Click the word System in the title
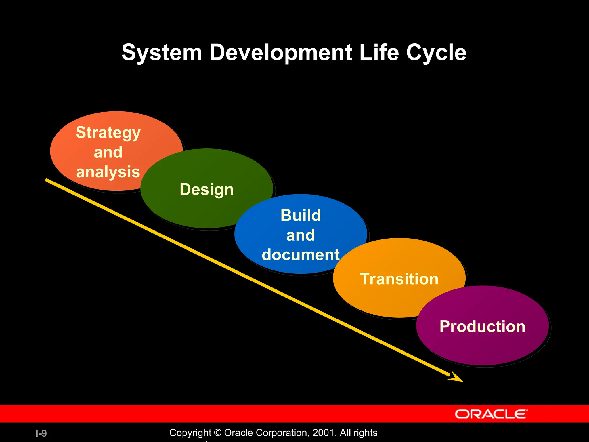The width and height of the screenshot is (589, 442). [162, 53]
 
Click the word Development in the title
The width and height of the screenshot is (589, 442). [280, 53]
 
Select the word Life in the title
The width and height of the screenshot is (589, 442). [379, 53]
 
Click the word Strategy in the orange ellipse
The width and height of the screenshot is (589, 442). [108, 133]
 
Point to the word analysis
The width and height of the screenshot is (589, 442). [108, 172]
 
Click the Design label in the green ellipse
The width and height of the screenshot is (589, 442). [206, 190]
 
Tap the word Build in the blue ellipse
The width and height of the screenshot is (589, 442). [301, 215]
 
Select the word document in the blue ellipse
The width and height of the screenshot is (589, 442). [301, 255]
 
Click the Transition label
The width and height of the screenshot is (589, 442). [399, 279]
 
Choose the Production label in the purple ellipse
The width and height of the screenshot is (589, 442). [482, 327]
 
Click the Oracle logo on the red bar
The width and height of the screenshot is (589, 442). [491, 414]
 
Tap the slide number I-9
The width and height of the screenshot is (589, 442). [41, 433]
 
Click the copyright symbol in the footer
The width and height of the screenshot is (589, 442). [218, 433]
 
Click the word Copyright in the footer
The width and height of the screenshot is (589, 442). [190, 433]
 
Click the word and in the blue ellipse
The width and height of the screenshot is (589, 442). [301, 235]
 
